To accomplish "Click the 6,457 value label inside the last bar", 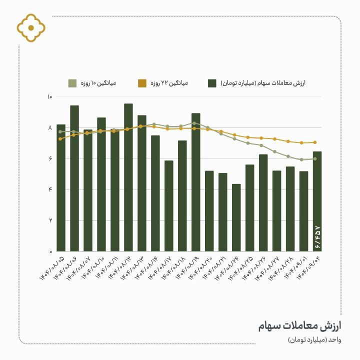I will coord(317,238).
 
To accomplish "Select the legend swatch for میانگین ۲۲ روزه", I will coord(142,83).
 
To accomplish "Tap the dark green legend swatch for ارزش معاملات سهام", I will coord(212,83).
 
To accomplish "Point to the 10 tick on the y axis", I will coord(49,97).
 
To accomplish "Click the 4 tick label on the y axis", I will coord(50,189).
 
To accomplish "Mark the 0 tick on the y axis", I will coord(50,251).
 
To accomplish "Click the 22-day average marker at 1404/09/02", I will coord(315,142).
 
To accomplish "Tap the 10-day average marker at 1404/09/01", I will coord(301,159).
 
